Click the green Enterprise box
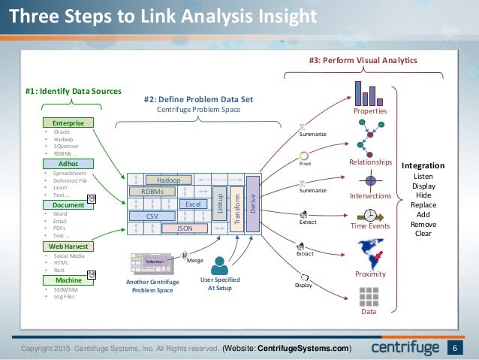pyautogui.click(x=68, y=123)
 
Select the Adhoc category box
pyautogui.click(x=68, y=163)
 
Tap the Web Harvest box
pyautogui.click(x=68, y=246)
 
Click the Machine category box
pyautogui.click(x=68, y=280)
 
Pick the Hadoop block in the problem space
pyautogui.click(x=167, y=180)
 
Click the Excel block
pyautogui.click(x=192, y=204)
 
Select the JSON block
pyautogui.click(x=183, y=227)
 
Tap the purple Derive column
pyautogui.click(x=253, y=204)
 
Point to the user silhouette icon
pyautogui.click(x=220, y=265)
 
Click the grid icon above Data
pyautogui.click(x=369, y=296)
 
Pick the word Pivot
pyautogui.click(x=306, y=162)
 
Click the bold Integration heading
pyautogui.click(x=423, y=165)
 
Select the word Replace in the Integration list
pyautogui.click(x=423, y=204)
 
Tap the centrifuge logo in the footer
pyautogui.click(x=406, y=349)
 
